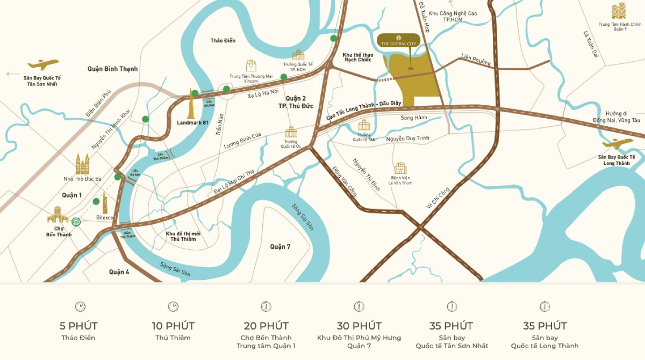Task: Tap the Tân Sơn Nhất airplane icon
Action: pyautogui.click(x=43, y=65)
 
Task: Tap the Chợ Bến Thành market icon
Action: pyautogui.click(x=58, y=215)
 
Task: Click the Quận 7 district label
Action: pyautogui.click(x=280, y=247)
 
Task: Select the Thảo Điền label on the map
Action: pyautogui.click(x=223, y=40)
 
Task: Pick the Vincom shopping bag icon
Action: pyautogui.click(x=251, y=66)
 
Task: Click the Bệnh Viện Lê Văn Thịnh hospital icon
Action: pyautogui.click(x=400, y=168)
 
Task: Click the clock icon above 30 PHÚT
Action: pyautogui.click(x=359, y=306)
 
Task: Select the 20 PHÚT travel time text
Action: pyautogui.click(x=266, y=326)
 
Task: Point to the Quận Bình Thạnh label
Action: pyautogui.click(x=112, y=69)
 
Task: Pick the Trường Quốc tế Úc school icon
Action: pyautogui.click(x=291, y=132)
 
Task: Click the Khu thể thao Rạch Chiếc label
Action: pyautogui.click(x=358, y=57)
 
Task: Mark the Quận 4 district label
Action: pyautogui.click(x=119, y=272)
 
